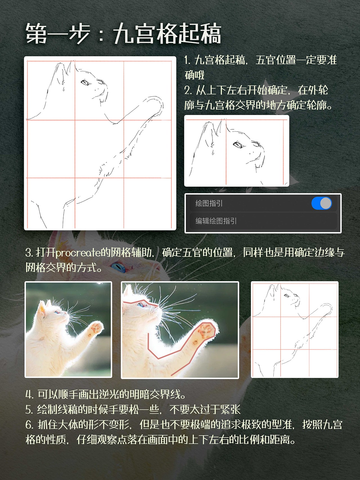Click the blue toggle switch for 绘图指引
[x=321, y=203]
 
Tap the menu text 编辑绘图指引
[x=216, y=221]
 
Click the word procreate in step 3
[x=78, y=253]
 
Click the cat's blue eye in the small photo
[x=57, y=312]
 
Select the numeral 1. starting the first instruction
[x=188, y=60]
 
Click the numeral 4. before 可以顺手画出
[x=30, y=395]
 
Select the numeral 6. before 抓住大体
[x=30, y=425]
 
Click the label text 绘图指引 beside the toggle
[x=209, y=203]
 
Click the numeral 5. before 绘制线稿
[x=29, y=410]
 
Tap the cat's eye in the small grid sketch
[x=287, y=296]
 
